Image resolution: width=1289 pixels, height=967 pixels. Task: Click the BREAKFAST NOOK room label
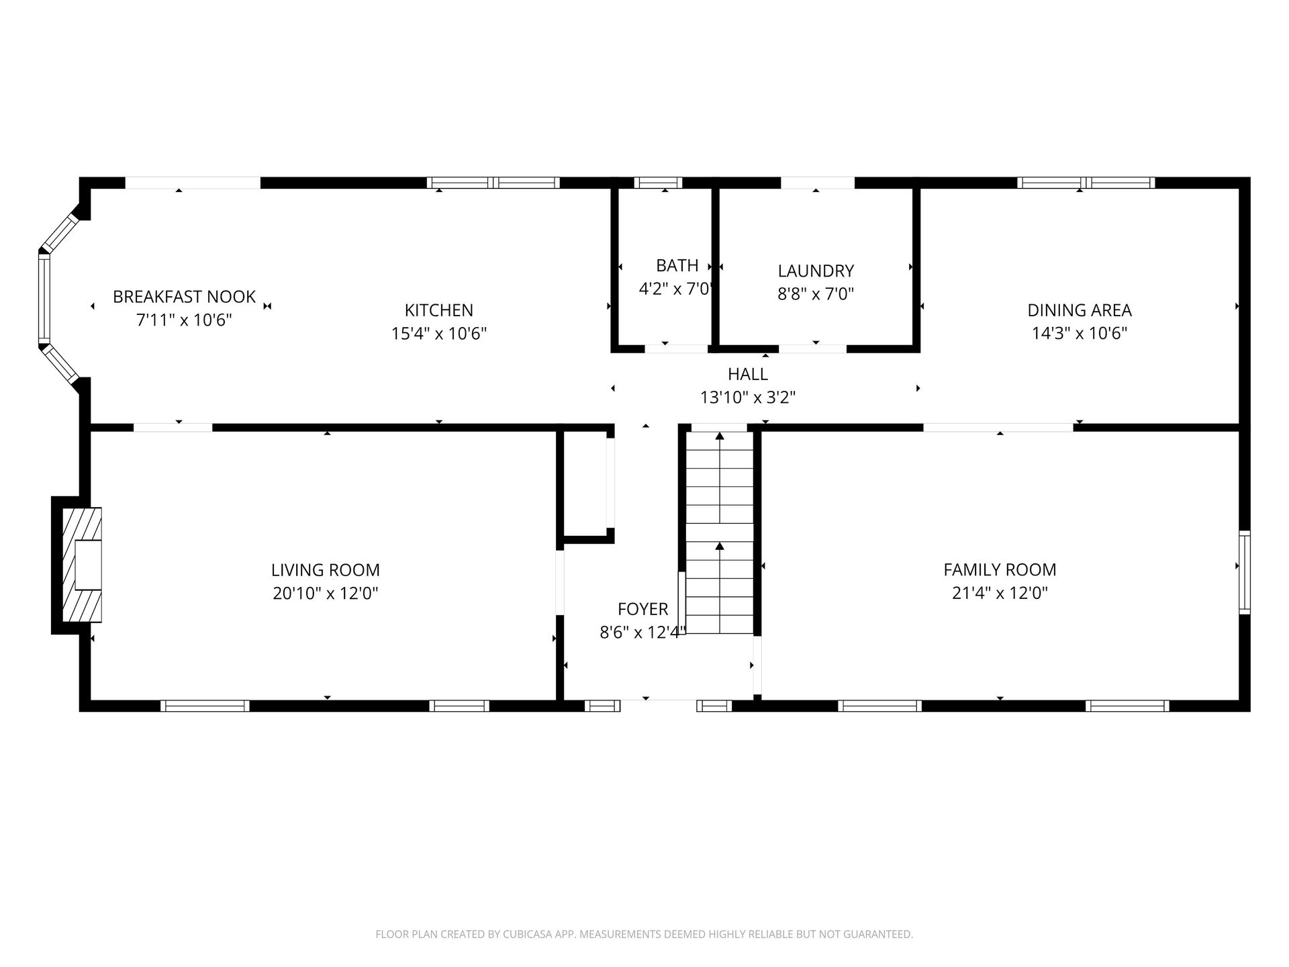pyautogui.click(x=184, y=296)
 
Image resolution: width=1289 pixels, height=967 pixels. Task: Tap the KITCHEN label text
pyautogui.click(x=439, y=310)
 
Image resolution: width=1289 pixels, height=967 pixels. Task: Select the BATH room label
pyautogui.click(x=677, y=265)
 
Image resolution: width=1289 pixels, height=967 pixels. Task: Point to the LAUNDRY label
pyautogui.click(x=816, y=271)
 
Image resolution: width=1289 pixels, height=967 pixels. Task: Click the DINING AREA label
pyautogui.click(x=1080, y=310)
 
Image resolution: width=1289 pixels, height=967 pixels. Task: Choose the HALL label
pyautogui.click(x=748, y=373)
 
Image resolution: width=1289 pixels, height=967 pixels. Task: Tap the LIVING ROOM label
pyautogui.click(x=326, y=570)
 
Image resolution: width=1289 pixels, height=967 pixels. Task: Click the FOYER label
pyautogui.click(x=643, y=609)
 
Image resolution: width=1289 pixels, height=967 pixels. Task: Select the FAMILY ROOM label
pyautogui.click(x=1000, y=570)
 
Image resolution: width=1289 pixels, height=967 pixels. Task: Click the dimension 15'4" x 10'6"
pyautogui.click(x=439, y=333)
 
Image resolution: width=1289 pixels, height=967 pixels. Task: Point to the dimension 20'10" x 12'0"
pyautogui.click(x=326, y=593)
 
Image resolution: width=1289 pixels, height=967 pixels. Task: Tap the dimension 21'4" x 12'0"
pyautogui.click(x=1000, y=593)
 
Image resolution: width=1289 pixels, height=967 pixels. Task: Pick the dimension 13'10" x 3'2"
pyautogui.click(x=748, y=397)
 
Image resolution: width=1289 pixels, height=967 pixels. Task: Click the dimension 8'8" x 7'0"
pyautogui.click(x=816, y=293)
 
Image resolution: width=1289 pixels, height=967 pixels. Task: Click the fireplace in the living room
pyautogui.click(x=77, y=565)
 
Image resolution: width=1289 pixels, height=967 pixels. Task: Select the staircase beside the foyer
pyautogui.click(x=720, y=533)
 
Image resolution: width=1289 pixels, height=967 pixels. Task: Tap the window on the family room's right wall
pyautogui.click(x=1245, y=572)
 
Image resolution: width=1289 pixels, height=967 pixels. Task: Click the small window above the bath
pyautogui.click(x=658, y=182)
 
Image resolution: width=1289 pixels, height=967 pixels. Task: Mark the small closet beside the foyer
pyautogui.click(x=585, y=483)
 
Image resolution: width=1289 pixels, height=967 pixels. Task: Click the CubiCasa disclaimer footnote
pyautogui.click(x=644, y=934)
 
